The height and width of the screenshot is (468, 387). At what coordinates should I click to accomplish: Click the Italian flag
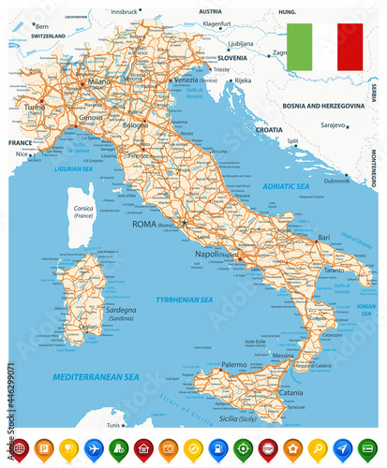pos(324,46)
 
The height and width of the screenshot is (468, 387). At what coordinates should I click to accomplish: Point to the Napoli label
pos(207,254)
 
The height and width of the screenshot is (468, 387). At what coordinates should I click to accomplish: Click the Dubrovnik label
pos(336,181)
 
